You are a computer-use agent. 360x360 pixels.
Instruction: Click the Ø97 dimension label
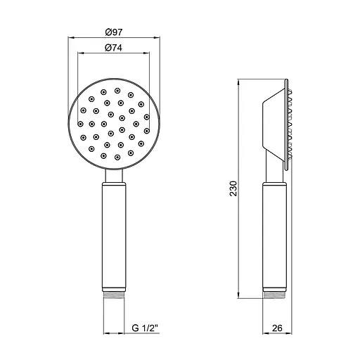(x=114, y=32)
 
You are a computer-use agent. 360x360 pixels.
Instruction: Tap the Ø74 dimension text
(x=114, y=48)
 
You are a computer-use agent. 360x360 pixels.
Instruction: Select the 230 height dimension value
(x=233, y=188)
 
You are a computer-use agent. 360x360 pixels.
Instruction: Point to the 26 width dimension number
(x=277, y=328)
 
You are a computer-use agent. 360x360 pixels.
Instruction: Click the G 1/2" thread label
(x=146, y=328)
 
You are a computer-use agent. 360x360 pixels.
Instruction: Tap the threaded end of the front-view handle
(x=114, y=295)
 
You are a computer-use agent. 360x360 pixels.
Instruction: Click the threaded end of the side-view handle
(x=274, y=295)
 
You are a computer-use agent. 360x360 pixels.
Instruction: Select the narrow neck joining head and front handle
(x=114, y=176)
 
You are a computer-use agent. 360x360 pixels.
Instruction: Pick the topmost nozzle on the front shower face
(x=117, y=91)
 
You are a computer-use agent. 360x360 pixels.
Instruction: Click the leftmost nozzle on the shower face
(x=80, y=124)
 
